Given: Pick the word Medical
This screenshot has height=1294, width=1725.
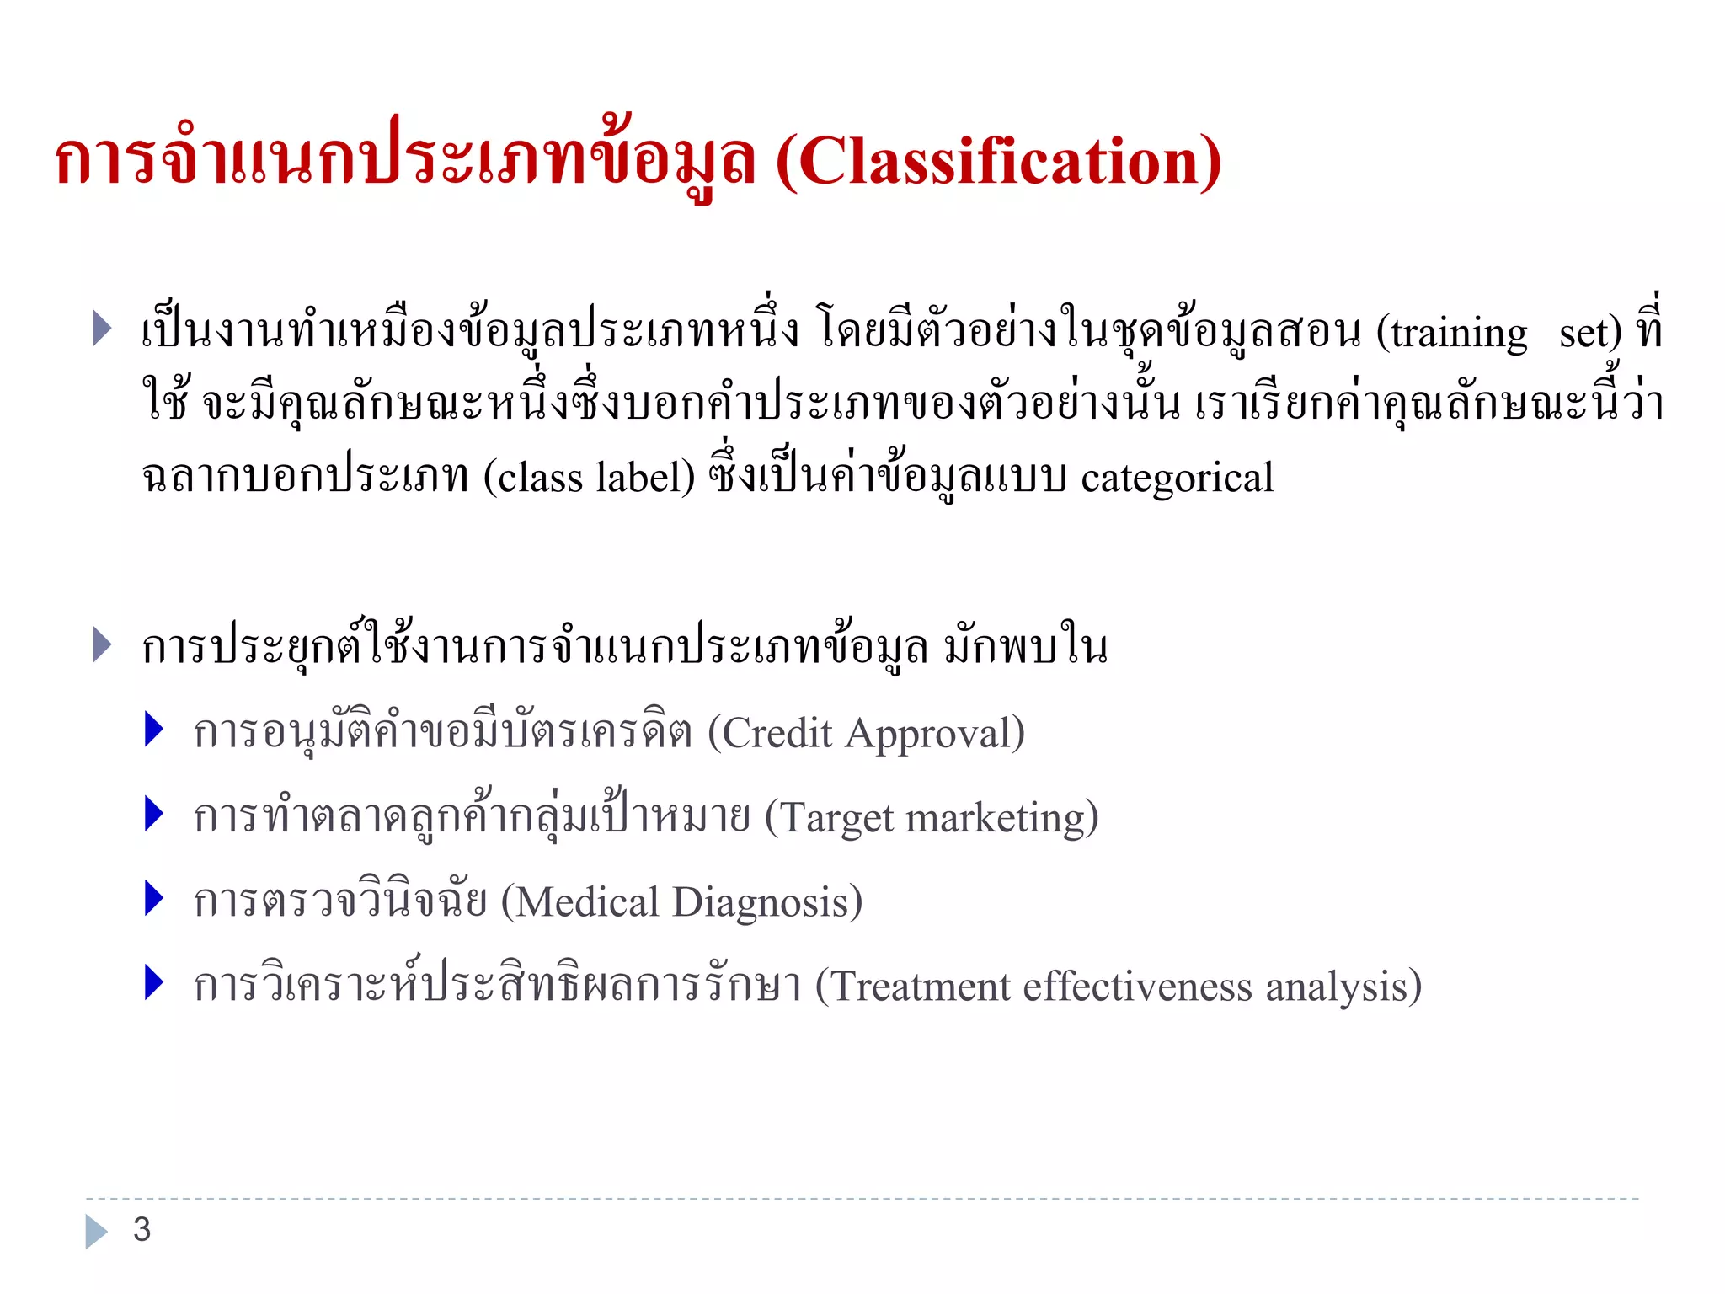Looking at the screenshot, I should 587,902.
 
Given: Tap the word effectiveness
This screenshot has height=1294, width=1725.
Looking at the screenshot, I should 1138,987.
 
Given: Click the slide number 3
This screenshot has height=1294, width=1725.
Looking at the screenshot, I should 142,1230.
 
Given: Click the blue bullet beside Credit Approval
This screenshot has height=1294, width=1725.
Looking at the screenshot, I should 153,730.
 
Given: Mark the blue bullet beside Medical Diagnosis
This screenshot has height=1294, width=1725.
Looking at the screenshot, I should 153,898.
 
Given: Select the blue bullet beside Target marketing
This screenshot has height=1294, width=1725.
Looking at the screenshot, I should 153,814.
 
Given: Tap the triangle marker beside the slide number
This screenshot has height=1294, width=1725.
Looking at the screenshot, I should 95,1231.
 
